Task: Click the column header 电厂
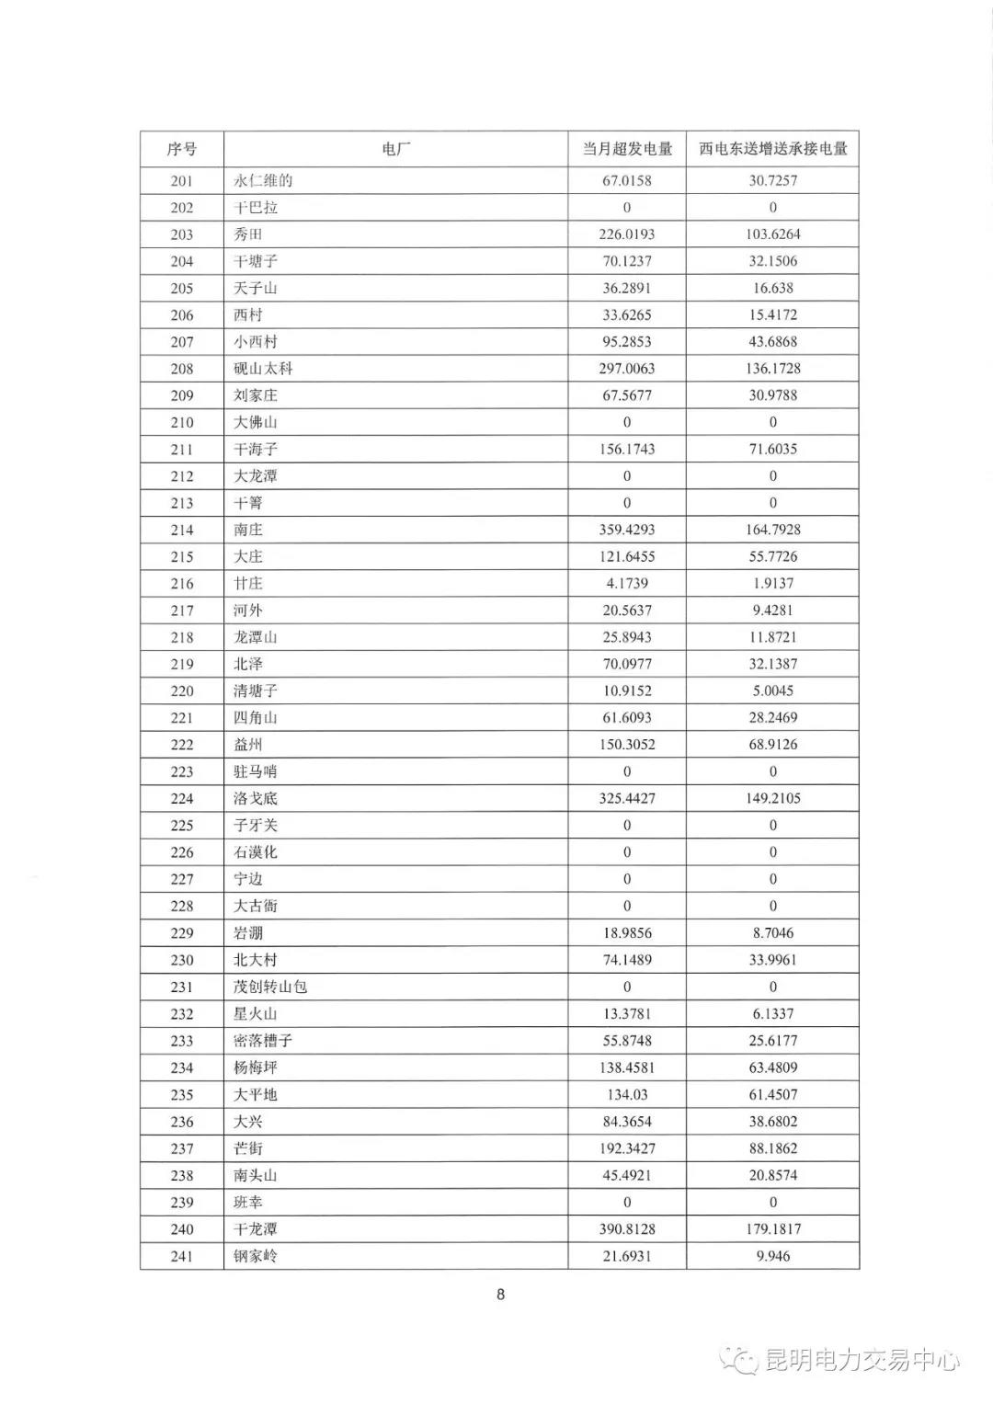click(395, 149)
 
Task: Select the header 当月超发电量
click(627, 149)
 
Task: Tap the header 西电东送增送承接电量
click(772, 149)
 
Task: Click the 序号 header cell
click(182, 149)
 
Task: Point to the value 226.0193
click(627, 234)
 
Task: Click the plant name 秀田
click(248, 234)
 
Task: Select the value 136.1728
click(772, 369)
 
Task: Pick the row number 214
click(182, 530)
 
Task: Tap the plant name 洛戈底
click(256, 798)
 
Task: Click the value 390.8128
click(627, 1229)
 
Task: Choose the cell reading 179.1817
click(772, 1229)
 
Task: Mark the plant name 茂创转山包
click(270, 987)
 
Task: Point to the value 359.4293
click(627, 530)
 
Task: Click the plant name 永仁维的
click(263, 180)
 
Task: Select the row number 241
click(182, 1256)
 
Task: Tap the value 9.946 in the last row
click(772, 1256)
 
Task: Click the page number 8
click(500, 1295)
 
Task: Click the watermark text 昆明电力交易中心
click(862, 1360)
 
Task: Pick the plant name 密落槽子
click(263, 1041)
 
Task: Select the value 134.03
click(627, 1094)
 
